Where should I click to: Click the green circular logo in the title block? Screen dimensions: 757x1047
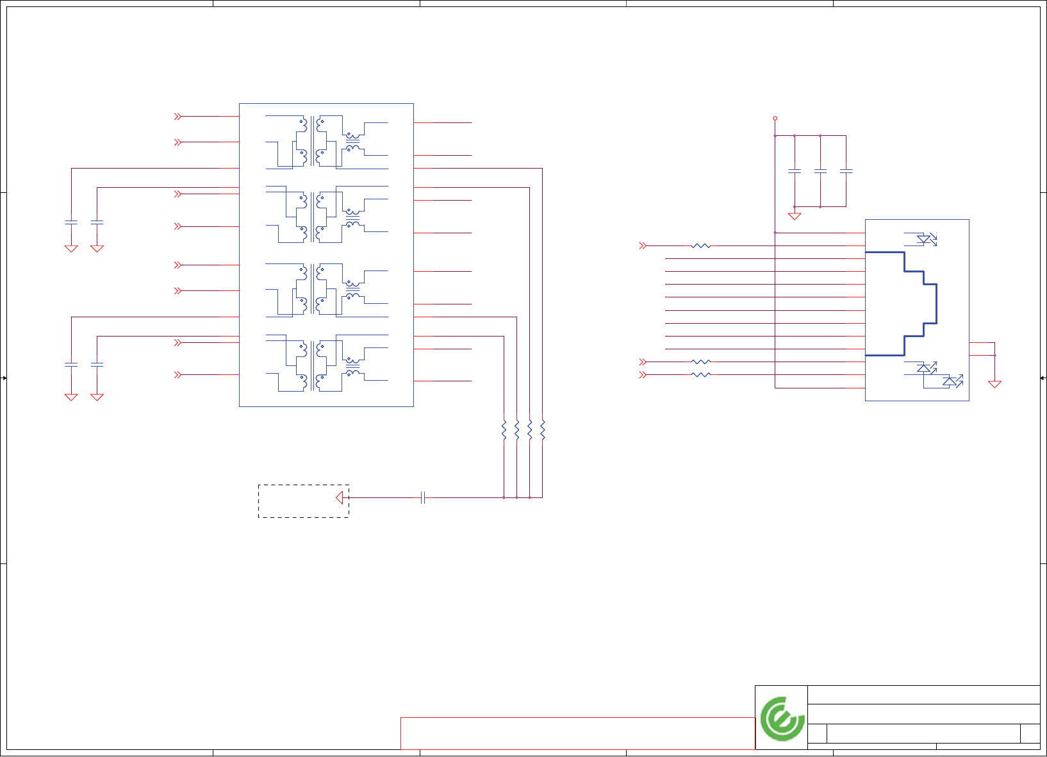(782, 719)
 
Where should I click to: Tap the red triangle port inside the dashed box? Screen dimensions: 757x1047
(340, 497)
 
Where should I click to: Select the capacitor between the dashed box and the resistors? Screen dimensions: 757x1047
(423, 497)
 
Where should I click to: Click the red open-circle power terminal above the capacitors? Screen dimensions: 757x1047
(775, 119)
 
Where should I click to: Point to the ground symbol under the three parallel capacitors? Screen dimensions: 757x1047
(795, 216)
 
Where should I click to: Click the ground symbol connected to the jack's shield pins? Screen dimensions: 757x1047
(994, 384)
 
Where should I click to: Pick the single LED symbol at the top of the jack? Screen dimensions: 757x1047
(924, 239)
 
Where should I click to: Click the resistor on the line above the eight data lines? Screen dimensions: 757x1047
(702, 245)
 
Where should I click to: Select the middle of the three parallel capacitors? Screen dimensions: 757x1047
(820, 171)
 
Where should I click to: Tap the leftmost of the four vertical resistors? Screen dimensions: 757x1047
(504, 430)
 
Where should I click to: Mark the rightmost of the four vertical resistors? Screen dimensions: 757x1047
(543, 430)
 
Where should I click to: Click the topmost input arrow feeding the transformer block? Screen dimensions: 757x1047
(178, 117)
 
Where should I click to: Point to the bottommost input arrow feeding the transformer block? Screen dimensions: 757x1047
(178, 375)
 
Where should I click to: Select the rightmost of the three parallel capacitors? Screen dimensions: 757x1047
(846, 171)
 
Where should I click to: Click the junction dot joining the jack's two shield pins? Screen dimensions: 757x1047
(994, 355)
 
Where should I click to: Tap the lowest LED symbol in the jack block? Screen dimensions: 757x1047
(951, 382)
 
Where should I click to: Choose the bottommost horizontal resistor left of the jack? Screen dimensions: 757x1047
(702, 375)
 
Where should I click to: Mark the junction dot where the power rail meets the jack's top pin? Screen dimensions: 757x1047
(775, 233)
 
